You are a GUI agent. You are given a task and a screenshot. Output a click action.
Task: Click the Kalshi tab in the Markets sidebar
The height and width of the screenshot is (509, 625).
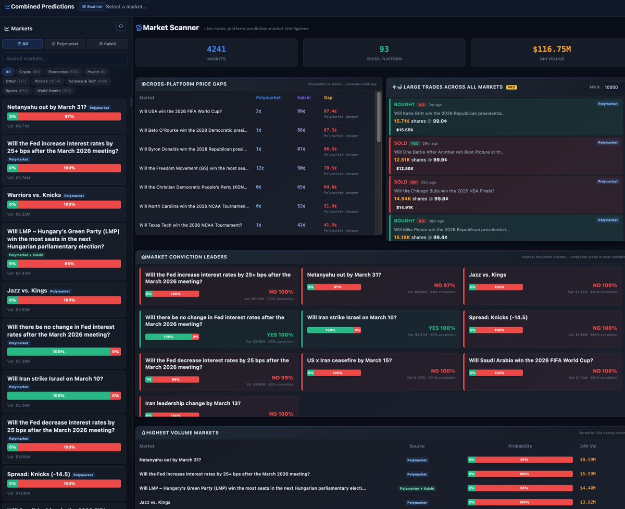(107, 44)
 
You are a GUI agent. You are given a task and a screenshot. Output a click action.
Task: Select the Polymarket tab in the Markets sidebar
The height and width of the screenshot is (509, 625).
(65, 44)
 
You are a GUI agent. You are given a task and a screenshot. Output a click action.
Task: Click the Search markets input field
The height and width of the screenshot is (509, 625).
(65, 58)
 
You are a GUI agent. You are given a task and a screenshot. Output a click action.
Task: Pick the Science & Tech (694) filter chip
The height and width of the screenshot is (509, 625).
(89, 81)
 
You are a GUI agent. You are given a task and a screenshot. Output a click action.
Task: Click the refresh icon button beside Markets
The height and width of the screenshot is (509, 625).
(121, 27)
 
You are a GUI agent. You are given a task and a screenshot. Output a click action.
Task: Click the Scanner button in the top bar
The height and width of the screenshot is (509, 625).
(92, 6)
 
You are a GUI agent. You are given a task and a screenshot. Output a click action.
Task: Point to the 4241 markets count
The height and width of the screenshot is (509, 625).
(216, 49)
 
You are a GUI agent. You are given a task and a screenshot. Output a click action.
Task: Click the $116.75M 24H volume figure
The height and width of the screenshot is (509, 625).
(552, 49)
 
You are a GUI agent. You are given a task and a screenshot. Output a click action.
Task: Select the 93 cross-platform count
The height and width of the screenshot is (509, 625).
(384, 49)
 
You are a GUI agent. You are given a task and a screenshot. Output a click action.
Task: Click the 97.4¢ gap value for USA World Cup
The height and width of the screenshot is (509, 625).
(330, 111)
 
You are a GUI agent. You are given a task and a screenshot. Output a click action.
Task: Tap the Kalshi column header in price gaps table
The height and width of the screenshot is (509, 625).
(304, 97)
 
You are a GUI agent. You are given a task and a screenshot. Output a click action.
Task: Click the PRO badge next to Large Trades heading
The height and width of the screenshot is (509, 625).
(511, 87)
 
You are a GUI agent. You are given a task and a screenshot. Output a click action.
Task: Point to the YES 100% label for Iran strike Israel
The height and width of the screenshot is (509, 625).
(442, 328)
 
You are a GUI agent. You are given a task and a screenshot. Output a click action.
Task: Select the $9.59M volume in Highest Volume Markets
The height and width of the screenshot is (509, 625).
(587, 460)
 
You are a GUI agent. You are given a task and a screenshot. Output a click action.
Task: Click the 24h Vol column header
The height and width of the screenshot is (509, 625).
(588, 446)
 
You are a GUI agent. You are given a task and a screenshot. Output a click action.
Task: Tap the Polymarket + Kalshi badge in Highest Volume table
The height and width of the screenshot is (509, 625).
(417, 488)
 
